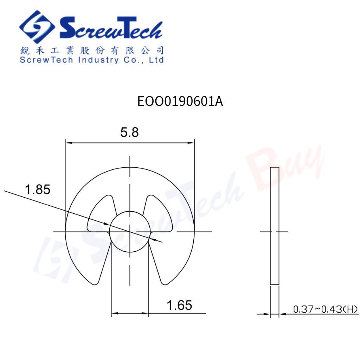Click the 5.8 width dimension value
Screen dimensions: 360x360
[129, 133]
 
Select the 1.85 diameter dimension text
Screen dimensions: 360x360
[37, 189]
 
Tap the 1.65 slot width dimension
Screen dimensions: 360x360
[179, 306]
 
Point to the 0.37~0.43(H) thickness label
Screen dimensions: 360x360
[326, 309]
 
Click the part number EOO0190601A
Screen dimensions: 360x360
[180, 101]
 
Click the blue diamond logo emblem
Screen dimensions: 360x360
[37, 27]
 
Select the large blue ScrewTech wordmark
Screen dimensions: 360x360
[111, 27]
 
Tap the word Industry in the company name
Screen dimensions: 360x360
[98, 60]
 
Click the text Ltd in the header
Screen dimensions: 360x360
[156, 60]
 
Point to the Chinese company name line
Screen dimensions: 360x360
[92, 50]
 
